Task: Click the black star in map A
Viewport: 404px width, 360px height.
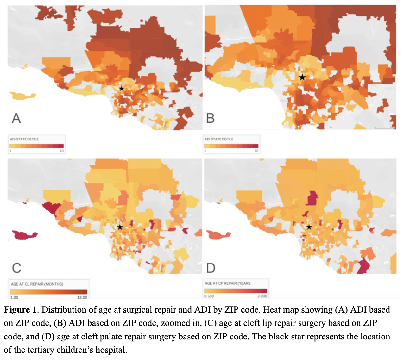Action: point(122,89)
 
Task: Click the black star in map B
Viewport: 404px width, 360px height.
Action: point(302,77)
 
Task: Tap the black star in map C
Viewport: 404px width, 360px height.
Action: point(120,227)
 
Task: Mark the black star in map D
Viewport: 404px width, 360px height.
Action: point(309,227)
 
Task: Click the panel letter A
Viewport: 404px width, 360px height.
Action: point(16,118)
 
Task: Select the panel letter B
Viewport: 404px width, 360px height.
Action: point(211,118)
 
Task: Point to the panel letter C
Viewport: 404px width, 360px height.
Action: point(16,268)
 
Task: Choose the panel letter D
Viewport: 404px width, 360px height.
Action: point(211,268)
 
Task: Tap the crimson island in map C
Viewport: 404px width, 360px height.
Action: point(24,235)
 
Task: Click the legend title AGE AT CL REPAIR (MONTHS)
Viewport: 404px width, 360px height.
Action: point(37,284)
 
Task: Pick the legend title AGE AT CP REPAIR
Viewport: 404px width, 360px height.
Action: point(228,283)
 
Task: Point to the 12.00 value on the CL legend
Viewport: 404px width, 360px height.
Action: point(82,297)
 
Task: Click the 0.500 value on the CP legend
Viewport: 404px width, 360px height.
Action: point(209,296)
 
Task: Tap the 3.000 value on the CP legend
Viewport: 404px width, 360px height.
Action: point(262,296)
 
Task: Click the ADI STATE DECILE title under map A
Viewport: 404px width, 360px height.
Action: point(24,139)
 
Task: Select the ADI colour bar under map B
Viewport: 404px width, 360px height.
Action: point(231,146)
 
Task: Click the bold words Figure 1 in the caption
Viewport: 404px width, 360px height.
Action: point(20,310)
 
